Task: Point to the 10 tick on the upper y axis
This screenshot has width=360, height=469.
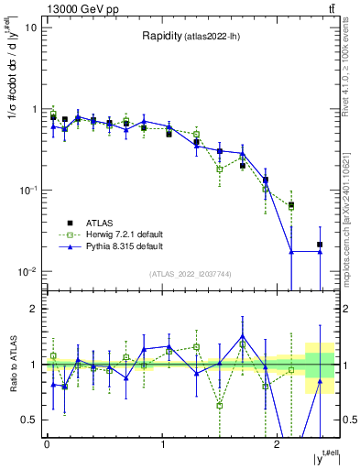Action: (x=33, y=27)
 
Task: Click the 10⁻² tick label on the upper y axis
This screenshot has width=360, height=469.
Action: (x=29, y=272)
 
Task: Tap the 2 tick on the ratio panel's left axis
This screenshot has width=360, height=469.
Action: (x=35, y=310)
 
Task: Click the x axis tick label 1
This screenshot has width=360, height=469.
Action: (x=162, y=444)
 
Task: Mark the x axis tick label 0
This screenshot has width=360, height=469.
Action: (x=47, y=444)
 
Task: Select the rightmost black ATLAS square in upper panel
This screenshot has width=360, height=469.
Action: (x=320, y=245)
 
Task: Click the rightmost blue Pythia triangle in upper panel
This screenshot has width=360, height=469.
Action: (x=320, y=251)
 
